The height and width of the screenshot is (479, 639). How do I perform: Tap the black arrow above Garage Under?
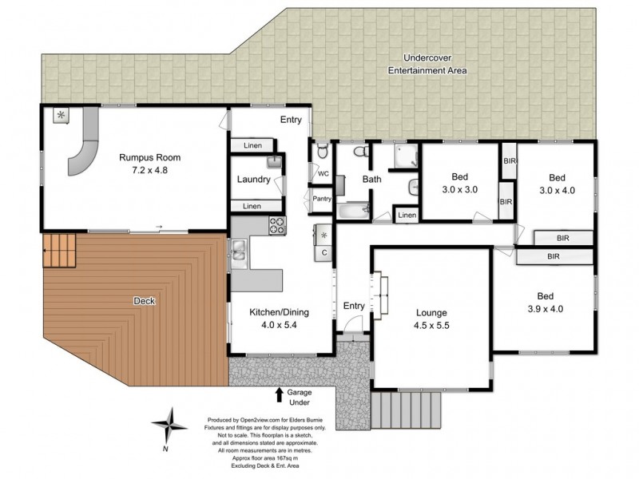pos(279,394)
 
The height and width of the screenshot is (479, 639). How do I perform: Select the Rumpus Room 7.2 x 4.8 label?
pos(144,164)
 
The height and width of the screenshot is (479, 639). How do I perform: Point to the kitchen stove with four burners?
pos(276,225)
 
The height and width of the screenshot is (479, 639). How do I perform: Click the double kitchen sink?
pos(239,254)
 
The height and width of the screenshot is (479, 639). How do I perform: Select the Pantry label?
pos(322,199)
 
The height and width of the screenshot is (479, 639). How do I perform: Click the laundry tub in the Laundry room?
pos(273,162)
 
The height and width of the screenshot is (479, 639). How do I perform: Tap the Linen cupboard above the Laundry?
pos(252,145)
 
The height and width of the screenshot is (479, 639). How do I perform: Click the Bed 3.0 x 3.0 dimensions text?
pos(459,184)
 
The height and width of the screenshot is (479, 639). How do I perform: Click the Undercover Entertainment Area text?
pos(427,65)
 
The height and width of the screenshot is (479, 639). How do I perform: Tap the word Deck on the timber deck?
pos(145,301)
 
